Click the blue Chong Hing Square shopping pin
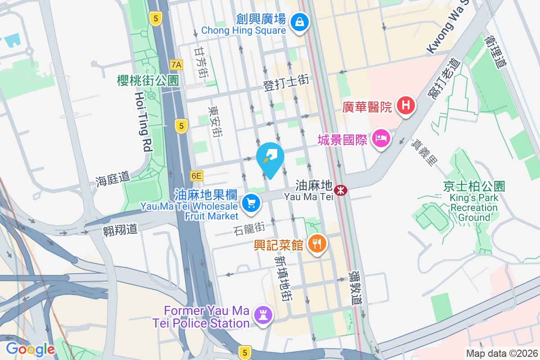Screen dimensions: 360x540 pos(299,21)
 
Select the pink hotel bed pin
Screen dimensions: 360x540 pos(381,139)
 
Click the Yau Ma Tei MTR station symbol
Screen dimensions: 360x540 pos(342,190)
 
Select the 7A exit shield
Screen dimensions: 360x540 pos(176,65)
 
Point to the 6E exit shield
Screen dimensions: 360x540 pos(196,175)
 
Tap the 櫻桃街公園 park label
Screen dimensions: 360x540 pos(148,81)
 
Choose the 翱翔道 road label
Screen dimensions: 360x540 pos(120,229)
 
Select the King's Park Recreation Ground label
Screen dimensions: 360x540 pos(474,202)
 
